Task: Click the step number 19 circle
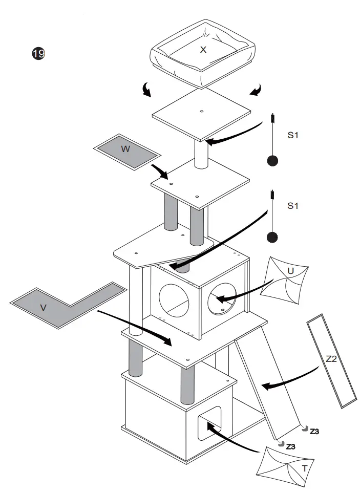click(38, 54)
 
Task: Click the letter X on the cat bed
click(203, 50)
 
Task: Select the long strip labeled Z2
click(332, 361)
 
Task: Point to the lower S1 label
click(292, 206)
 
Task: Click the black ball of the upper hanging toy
click(272, 161)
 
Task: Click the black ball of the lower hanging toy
click(272, 237)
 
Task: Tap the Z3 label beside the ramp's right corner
click(315, 431)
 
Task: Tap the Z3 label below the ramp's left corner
click(290, 446)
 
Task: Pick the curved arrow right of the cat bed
click(256, 91)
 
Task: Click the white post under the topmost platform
click(200, 155)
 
